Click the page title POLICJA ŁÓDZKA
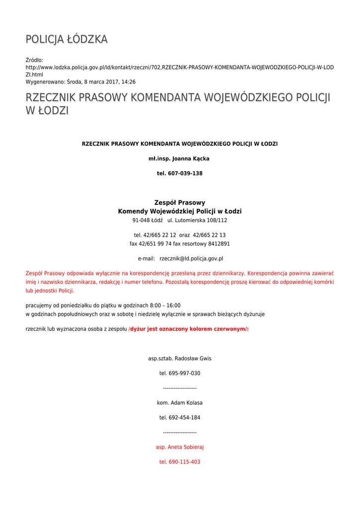67,39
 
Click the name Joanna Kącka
191,159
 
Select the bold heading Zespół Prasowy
180,202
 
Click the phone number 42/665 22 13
209,235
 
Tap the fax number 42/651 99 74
155,244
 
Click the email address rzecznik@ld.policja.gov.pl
191,258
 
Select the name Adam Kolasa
186,403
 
